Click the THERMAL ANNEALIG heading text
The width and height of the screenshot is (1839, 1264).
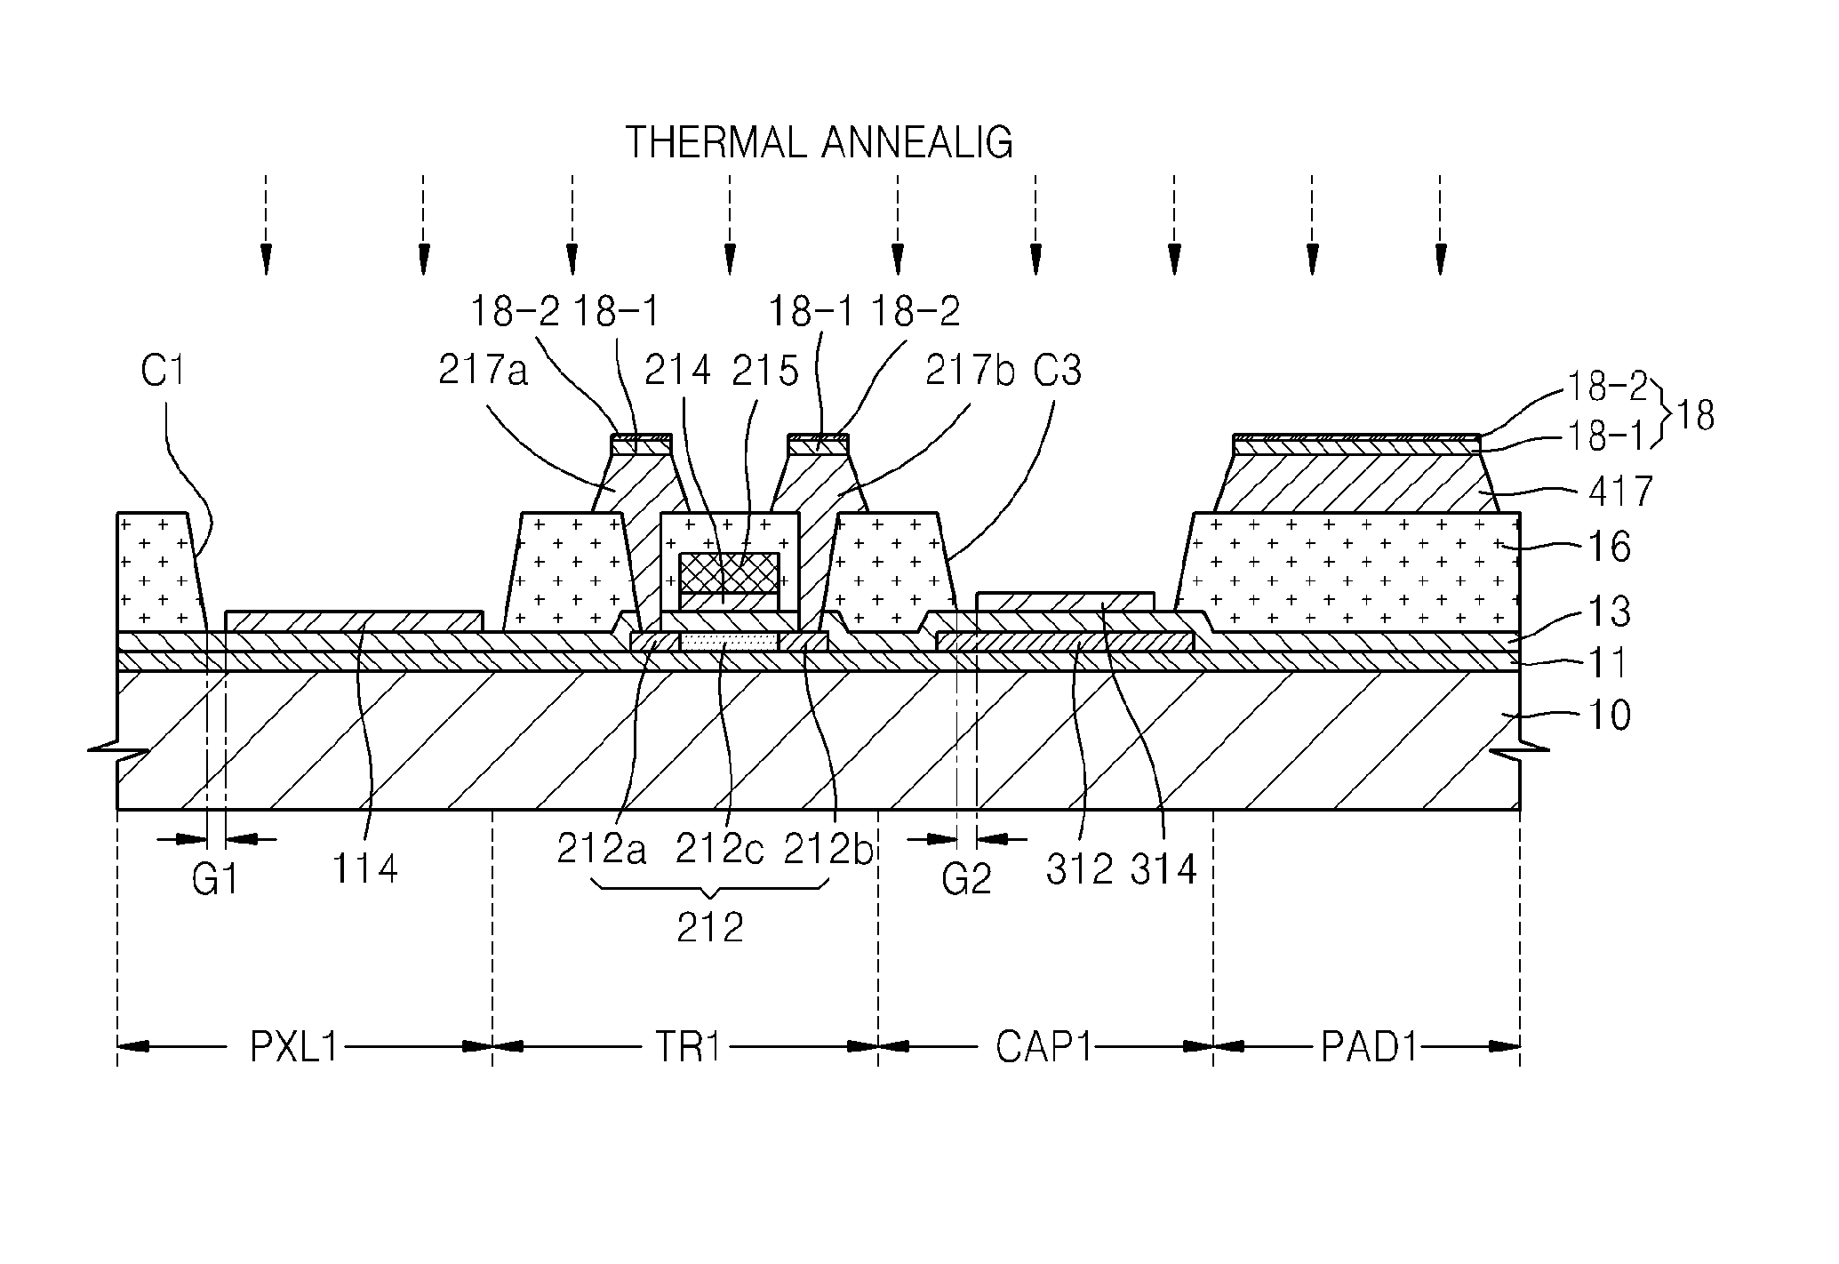click(820, 142)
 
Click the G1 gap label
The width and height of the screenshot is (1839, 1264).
click(216, 880)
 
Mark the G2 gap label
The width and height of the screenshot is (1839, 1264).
click(966, 880)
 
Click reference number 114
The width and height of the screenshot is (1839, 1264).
click(364, 868)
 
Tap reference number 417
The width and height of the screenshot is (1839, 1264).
click(1619, 492)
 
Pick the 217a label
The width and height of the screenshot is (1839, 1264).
click(484, 371)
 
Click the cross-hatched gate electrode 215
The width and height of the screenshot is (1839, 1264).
click(729, 573)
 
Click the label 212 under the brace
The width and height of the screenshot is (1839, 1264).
click(709, 928)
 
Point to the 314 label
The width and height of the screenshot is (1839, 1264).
click(1164, 868)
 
